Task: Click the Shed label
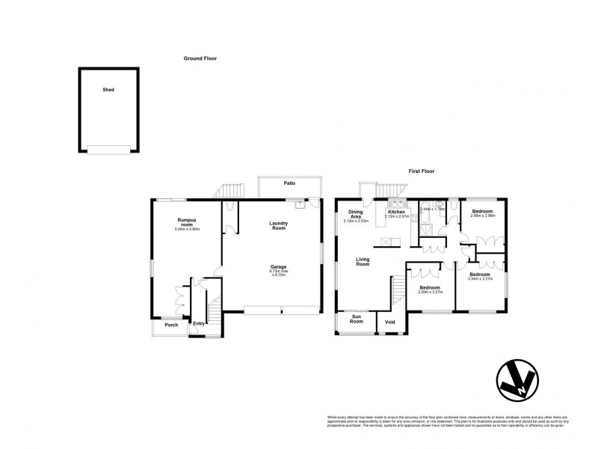108,90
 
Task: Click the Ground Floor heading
200,58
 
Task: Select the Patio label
289,183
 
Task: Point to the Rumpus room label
187,222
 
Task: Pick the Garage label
280,266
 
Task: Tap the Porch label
171,326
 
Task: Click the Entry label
199,323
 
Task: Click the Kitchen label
396,212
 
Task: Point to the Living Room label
363,261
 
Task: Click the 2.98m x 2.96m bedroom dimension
482,217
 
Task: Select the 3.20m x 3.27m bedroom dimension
430,292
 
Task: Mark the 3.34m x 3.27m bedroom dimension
480,280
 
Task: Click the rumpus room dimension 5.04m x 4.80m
187,228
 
